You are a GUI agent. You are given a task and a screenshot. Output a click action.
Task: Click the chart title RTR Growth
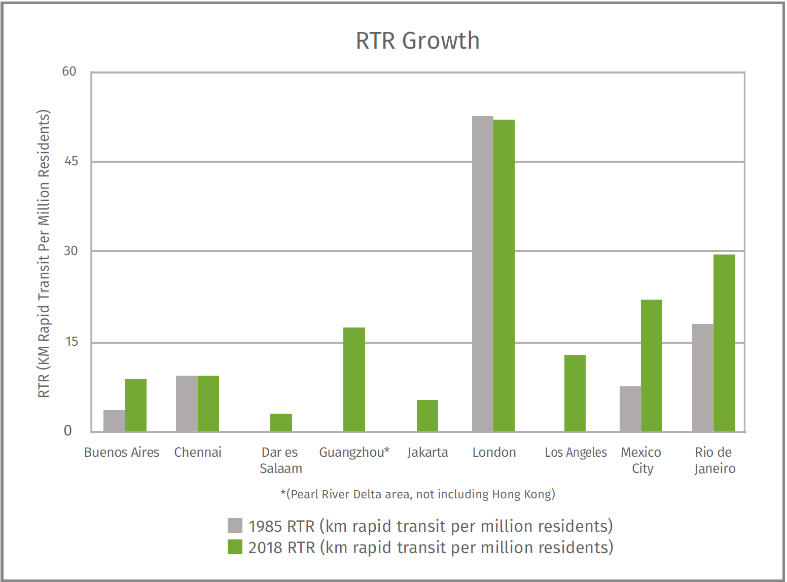[417, 41]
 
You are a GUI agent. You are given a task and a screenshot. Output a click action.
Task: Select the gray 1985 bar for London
[482, 274]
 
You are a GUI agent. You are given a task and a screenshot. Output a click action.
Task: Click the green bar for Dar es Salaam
[281, 422]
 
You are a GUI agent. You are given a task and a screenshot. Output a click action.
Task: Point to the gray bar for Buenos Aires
[114, 421]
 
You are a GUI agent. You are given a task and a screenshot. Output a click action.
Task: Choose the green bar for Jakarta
[427, 416]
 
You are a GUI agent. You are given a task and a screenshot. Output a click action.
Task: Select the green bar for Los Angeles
[575, 393]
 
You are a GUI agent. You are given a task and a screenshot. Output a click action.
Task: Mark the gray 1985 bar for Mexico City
[630, 409]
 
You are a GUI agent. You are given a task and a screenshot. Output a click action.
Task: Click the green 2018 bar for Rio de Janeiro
[724, 343]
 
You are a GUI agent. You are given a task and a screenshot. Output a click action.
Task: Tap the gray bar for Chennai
[187, 404]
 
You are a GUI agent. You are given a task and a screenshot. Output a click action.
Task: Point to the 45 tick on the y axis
[71, 161]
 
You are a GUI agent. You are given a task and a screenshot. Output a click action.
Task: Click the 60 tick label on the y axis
[69, 71]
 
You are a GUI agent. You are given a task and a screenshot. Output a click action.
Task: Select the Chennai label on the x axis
[198, 452]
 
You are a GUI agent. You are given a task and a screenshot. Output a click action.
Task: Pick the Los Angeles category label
[576, 452]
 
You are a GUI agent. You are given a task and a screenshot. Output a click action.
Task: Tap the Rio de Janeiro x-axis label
[714, 460]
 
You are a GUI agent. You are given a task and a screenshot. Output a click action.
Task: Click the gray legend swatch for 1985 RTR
[235, 526]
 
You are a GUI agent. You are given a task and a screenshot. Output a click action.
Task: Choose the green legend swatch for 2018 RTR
[235, 547]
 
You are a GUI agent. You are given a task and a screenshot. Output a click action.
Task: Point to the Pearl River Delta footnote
[417, 494]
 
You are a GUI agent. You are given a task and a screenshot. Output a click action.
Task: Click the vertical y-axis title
[44, 253]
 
